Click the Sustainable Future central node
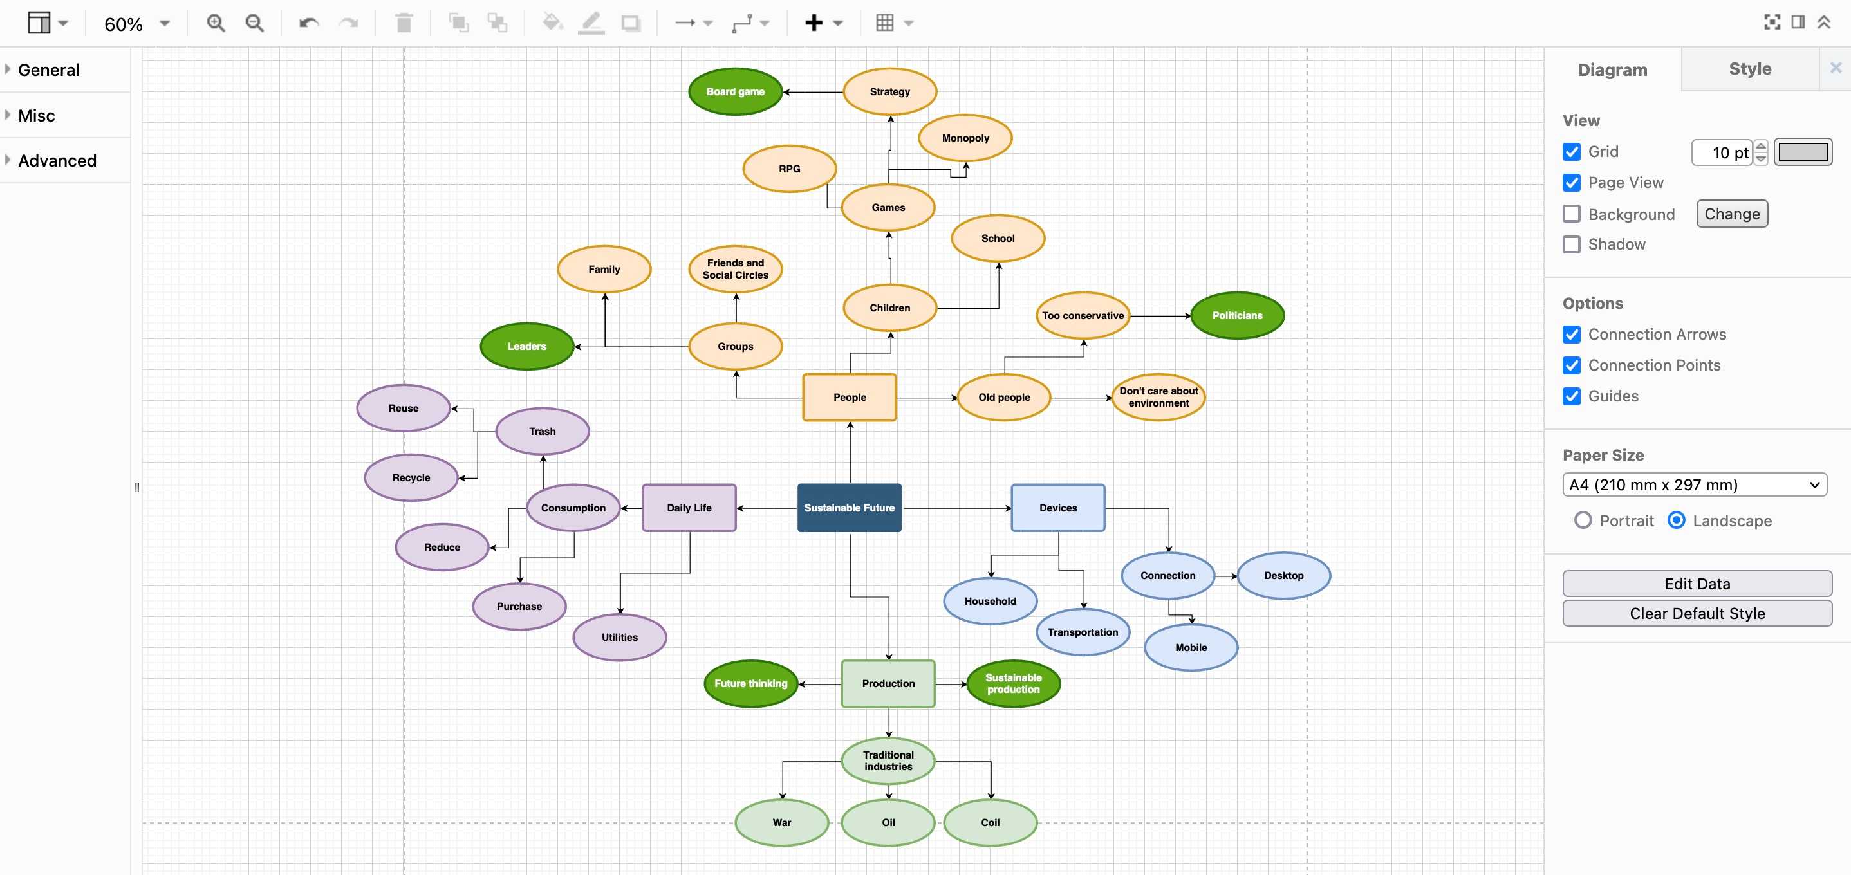coord(849,507)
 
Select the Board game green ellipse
coord(734,91)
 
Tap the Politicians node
coord(1236,315)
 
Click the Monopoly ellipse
coord(965,138)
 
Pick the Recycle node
coord(411,478)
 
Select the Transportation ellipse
coord(1082,632)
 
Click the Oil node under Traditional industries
coord(888,822)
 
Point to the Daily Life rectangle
coord(689,508)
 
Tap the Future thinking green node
coord(750,683)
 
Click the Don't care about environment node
coord(1158,397)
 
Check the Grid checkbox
coord(1572,152)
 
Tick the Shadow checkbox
coord(1572,244)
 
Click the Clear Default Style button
coord(1697,614)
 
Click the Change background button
coord(1731,214)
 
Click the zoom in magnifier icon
coord(216,24)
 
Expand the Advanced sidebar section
coord(57,160)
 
